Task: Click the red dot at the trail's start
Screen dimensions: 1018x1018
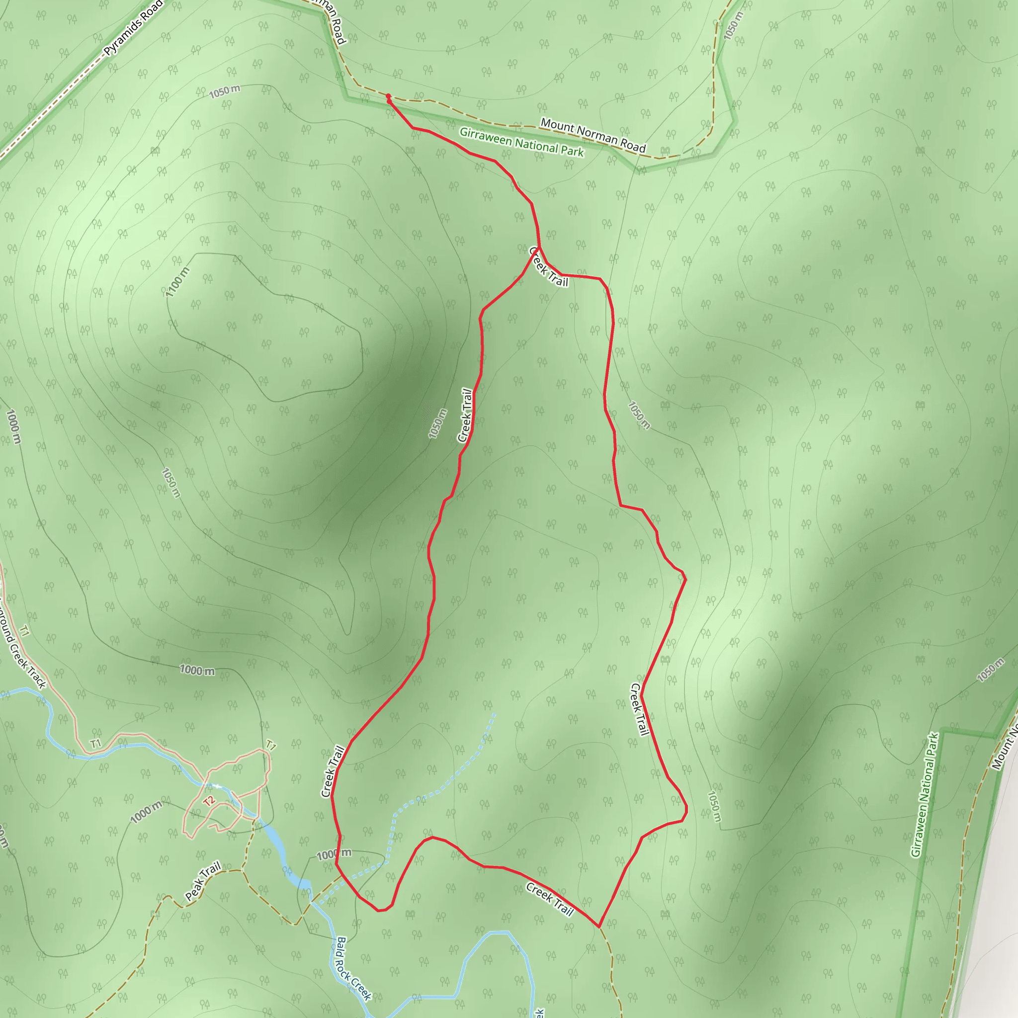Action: (388, 96)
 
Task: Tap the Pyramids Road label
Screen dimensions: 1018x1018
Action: (133, 28)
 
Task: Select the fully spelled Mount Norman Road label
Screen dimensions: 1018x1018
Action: (593, 135)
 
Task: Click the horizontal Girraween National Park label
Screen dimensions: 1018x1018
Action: (521, 142)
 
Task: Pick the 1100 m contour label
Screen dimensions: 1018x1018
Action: (177, 282)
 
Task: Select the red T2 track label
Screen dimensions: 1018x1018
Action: (210, 801)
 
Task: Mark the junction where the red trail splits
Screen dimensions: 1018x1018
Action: (539, 246)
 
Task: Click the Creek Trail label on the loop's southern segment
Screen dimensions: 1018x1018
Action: (549, 899)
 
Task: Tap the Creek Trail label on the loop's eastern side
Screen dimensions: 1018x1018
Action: (640, 709)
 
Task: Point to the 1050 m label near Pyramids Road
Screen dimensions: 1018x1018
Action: (225, 91)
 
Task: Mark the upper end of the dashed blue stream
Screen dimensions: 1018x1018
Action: (494, 714)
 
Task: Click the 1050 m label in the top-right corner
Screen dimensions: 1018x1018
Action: (733, 25)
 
